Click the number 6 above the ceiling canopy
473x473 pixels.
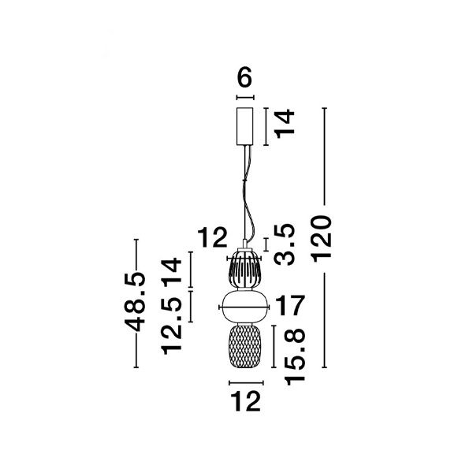click(244, 77)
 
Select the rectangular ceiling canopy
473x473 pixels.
click(244, 126)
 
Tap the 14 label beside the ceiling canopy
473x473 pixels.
click(285, 124)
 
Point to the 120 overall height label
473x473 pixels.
click(322, 239)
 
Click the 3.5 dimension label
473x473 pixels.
click(284, 244)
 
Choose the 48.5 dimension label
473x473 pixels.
click(135, 302)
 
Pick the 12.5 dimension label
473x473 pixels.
click(172, 325)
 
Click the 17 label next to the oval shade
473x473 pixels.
click(290, 306)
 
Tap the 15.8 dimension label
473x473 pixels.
click(294, 357)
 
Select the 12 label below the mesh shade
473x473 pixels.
click(245, 401)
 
